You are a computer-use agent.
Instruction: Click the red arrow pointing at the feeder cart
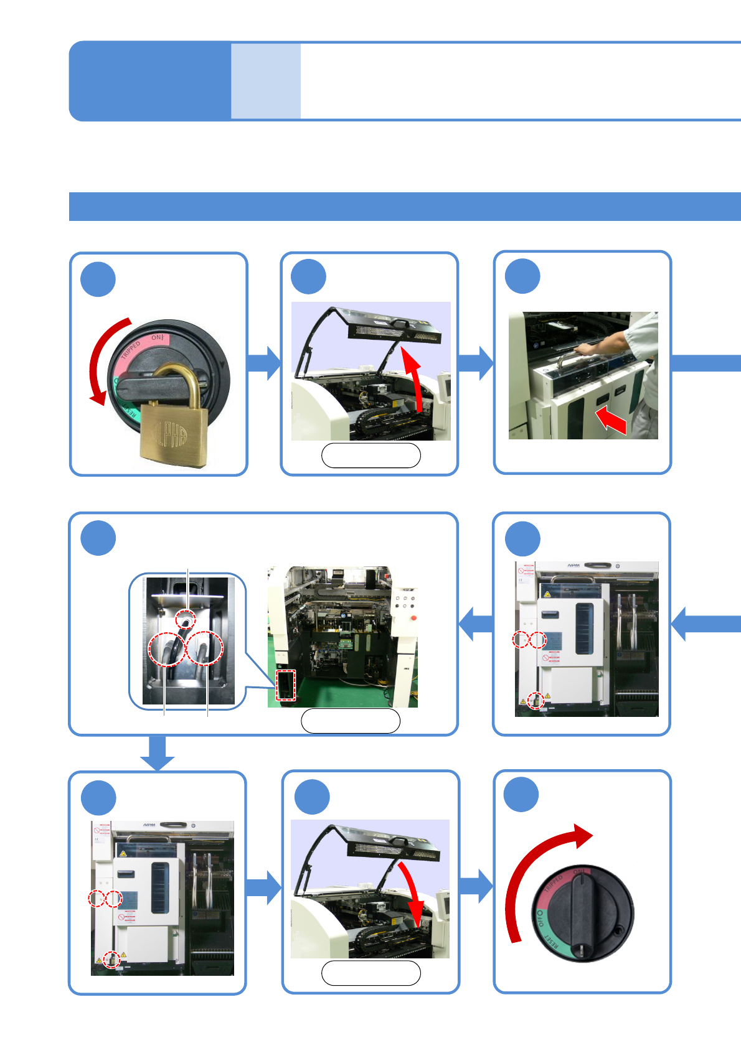coord(611,421)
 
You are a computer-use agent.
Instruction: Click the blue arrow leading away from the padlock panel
coord(265,363)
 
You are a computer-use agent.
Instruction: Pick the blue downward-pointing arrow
coord(157,753)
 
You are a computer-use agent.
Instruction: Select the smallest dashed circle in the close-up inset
coord(185,619)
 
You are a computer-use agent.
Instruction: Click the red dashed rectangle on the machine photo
coord(285,685)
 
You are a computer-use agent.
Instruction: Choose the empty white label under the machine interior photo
coord(351,721)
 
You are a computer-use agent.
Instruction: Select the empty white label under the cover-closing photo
coord(370,973)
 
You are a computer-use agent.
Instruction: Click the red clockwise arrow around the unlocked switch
coord(529,871)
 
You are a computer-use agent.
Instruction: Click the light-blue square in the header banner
coord(266,81)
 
